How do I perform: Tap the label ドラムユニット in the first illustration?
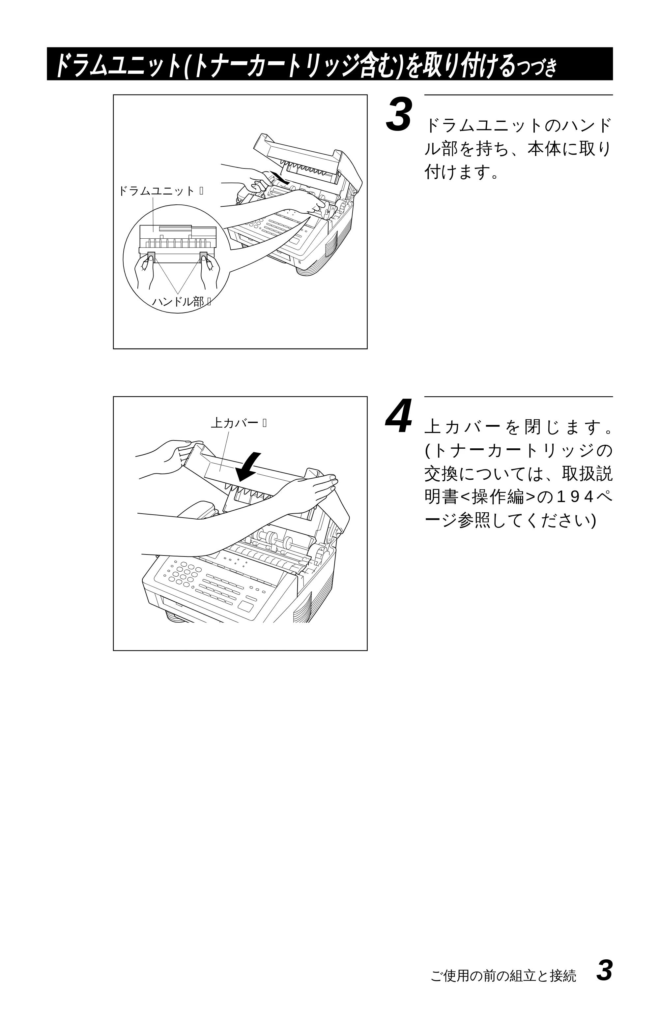[x=157, y=191]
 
